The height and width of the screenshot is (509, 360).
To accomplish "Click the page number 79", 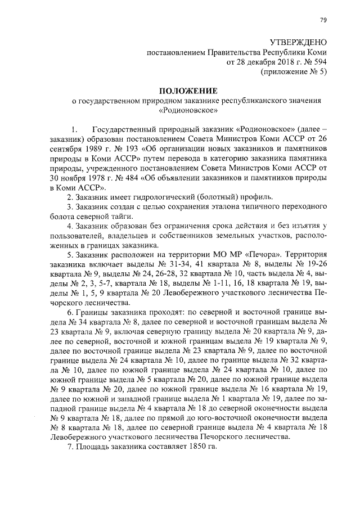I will tap(323, 20).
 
